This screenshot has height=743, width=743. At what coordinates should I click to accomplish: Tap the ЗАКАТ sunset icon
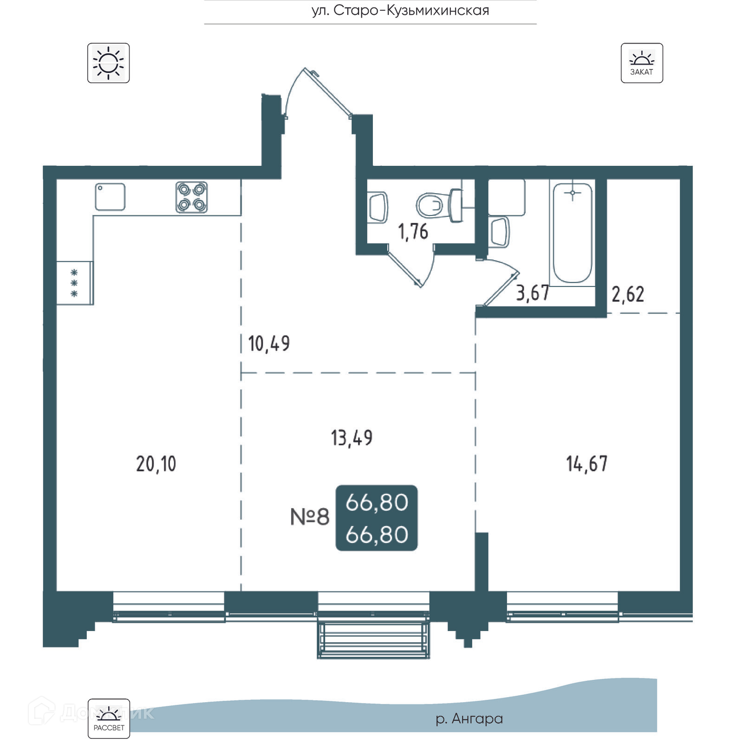coord(642,63)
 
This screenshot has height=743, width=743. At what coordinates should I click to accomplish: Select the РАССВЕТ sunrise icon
coord(109,718)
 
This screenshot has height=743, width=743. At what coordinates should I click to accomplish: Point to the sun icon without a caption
coord(109,63)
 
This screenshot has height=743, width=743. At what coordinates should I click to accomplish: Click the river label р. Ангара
coord(469,719)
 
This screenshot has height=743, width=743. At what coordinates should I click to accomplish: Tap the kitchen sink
coord(110,197)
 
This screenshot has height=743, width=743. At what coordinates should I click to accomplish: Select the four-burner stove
coord(192,197)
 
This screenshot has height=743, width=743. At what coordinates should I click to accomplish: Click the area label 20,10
coord(156,464)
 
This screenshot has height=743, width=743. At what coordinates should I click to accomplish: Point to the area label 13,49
coord(352,438)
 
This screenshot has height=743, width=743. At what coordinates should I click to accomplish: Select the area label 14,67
coord(587,464)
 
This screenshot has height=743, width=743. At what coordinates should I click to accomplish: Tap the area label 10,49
coord(269,344)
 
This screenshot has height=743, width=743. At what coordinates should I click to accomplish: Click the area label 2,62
coord(628,295)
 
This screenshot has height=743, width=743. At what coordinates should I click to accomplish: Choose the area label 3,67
coord(533,293)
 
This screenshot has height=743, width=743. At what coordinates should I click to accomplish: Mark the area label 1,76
coord(413,232)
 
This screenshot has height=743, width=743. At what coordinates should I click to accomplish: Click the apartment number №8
coord(310,516)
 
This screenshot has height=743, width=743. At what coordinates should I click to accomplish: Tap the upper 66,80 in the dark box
coord(377,502)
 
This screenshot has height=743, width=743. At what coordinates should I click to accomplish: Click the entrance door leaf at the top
coord(328,92)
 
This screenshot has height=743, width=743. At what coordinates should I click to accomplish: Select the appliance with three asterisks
coord(75,283)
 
